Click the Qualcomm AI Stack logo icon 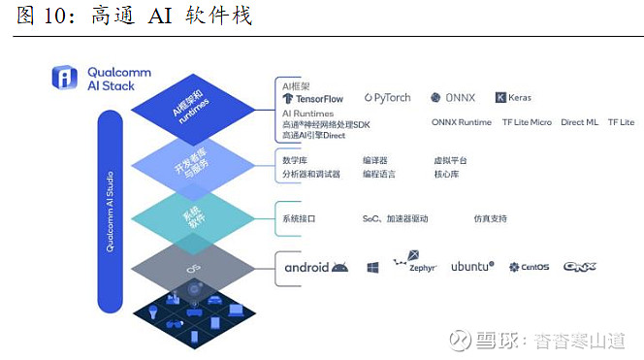[66, 78]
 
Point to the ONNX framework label [454, 97]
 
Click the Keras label [514, 97]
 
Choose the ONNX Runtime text [462, 122]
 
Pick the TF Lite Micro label [527, 122]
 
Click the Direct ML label [579, 122]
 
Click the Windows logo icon [371, 267]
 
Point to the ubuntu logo [472, 266]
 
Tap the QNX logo [579, 266]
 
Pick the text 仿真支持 [490, 218]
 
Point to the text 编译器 [374, 160]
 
